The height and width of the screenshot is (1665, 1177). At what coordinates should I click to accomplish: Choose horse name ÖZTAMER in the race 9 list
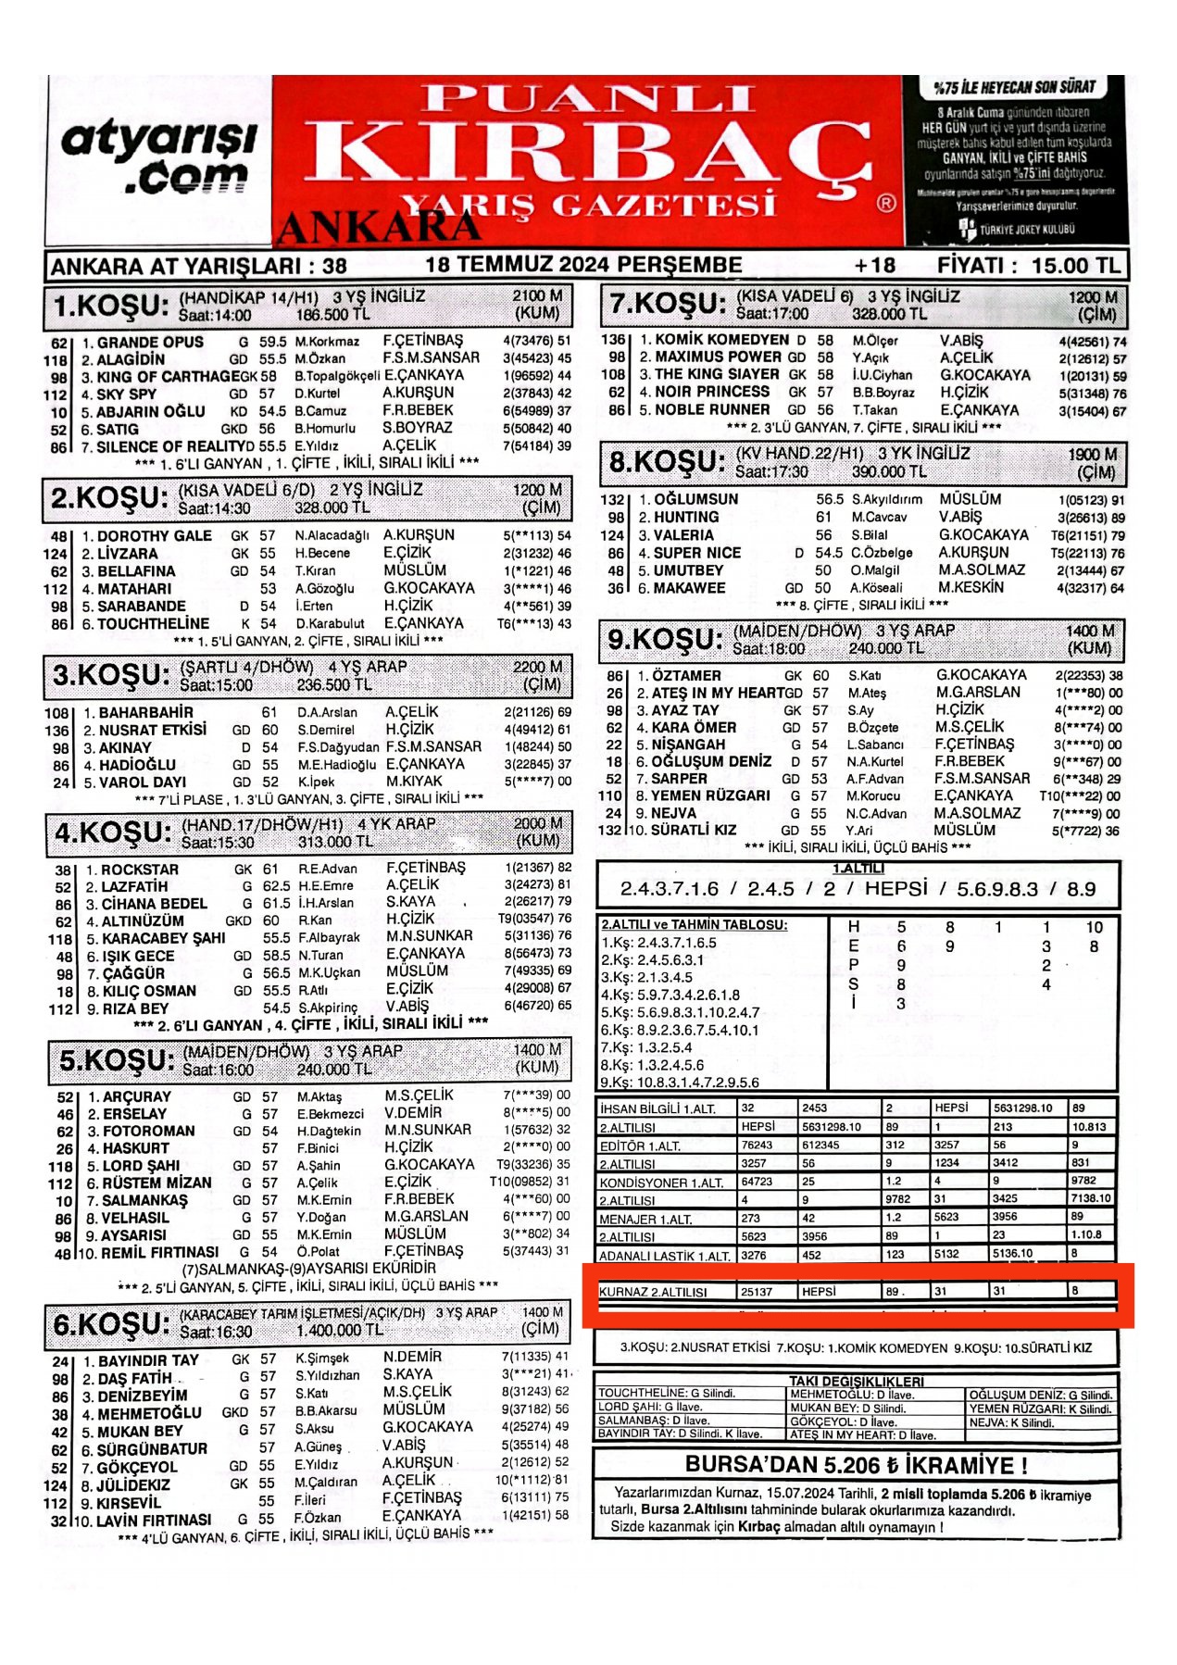click(685, 676)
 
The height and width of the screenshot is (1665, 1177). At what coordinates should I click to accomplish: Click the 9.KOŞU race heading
click(664, 639)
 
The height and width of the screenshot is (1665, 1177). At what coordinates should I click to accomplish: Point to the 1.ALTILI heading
click(858, 868)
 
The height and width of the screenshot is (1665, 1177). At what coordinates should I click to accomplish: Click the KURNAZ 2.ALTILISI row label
click(653, 1291)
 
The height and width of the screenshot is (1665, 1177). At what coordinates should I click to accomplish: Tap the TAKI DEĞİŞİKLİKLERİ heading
click(857, 1381)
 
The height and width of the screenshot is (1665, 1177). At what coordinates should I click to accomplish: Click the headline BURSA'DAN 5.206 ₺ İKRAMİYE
click(856, 1465)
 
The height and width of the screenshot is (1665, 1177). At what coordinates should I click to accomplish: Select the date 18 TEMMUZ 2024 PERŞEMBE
click(583, 265)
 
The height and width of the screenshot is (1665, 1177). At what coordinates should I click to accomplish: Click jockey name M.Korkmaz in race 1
click(327, 342)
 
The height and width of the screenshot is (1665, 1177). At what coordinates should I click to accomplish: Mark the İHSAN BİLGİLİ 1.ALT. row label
click(657, 1108)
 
